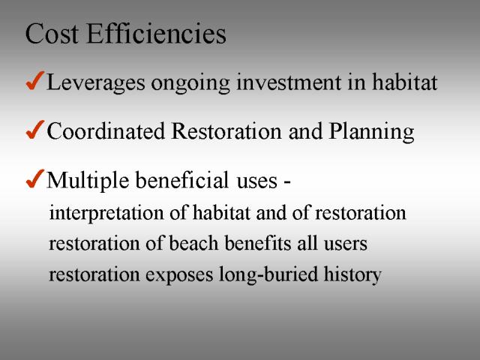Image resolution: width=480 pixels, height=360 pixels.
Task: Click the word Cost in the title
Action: (x=52, y=34)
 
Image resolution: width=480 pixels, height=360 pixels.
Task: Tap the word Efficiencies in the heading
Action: (x=157, y=33)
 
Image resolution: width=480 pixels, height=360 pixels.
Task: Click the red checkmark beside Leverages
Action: (x=35, y=80)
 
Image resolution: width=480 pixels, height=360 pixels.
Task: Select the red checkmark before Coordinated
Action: (x=35, y=130)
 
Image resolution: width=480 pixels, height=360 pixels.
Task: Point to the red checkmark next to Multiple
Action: (x=35, y=178)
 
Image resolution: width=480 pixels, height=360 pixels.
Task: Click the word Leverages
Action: (x=95, y=82)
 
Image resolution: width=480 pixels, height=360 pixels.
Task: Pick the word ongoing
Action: (x=190, y=84)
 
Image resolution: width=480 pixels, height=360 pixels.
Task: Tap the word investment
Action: (x=288, y=82)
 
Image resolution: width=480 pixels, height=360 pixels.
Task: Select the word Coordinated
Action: (x=106, y=131)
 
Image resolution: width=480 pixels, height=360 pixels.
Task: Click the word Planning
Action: (x=371, y=132)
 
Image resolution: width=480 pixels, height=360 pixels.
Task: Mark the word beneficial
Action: (x=181, y=180)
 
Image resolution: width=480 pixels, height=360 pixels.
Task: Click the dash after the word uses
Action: (x=286, y=183)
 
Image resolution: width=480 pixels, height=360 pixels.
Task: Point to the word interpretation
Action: (x=106, y=213)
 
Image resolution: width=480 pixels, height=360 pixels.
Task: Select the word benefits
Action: (x=258, y=243)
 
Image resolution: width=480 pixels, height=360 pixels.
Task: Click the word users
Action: (x=346, y=244)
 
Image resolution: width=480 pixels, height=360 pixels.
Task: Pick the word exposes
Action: (x=179, y=275)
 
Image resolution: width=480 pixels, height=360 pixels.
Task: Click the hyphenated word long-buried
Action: (x=268, y=274)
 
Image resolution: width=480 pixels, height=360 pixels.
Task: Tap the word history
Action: (x=352, y=274)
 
